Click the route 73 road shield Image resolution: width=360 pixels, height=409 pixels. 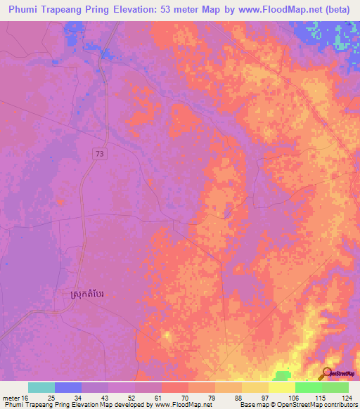(x=101, y=152)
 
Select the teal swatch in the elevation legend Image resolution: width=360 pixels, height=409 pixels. (x=41, y=387)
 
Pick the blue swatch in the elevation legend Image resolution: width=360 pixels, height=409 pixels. (x=68, y=387)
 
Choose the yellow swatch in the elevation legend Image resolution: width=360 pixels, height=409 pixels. (x=281, y=387)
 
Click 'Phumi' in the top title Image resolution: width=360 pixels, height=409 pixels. (x=25, y=11)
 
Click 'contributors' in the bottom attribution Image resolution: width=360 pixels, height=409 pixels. (x=340, y=405)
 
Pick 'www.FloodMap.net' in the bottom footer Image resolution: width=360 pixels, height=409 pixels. (x=183, y=405)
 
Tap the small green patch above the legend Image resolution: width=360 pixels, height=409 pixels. (x=281, y=375)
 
